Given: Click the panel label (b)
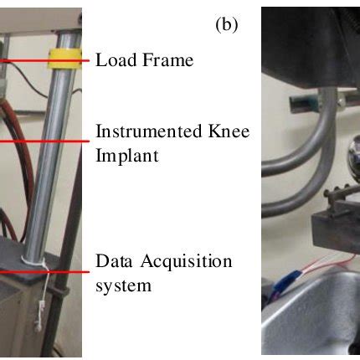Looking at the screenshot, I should coord(227,24).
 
